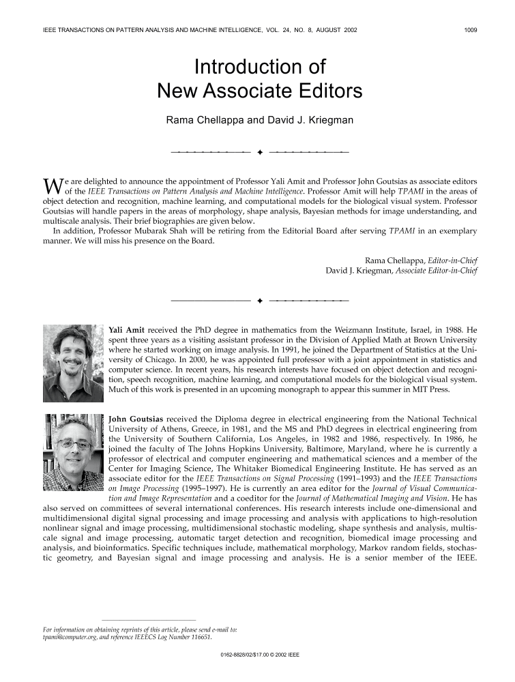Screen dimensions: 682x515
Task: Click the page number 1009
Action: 470,30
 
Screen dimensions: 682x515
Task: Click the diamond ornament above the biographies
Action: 260,300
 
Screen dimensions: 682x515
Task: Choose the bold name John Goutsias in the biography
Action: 136,418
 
